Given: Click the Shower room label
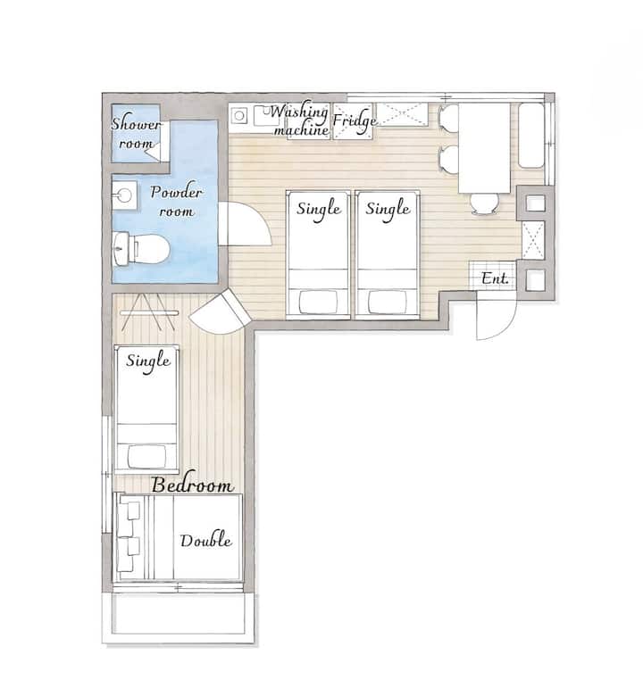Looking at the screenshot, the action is pyautogui.click(x=136, y=133).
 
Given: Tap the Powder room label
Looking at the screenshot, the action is pyautogui.click(x=176, y=201).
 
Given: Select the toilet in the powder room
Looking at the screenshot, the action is pyautogui.click(x=141, y=249).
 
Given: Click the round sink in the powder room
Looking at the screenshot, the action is pyautogui.click(x=124, y=195).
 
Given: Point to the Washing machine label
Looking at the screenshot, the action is pyautogui.click(x=300, y=120).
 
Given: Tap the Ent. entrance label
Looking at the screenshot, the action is pyautogui.click(x=495, y=278).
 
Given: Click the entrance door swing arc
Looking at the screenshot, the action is pyautogui.click(x=505, y=328).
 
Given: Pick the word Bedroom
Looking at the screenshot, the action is pyautogui.click(x=193, y=485).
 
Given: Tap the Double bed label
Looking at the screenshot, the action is pyautogui.click(x=205, y=541).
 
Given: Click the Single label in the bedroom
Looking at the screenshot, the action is pyautogui.click(x=148, y=361).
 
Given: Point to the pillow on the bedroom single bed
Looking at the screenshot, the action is pyautogui.click(x=146, y=456).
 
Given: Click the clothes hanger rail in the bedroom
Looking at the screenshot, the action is pyautogui.click(x=149, y=312).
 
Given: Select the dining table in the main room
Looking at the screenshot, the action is pyautogui.click(x=484, y=148).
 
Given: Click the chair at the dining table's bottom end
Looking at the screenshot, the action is pyautogui.click(x=485, y=204).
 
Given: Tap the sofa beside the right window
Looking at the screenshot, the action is pyautogui.click(x=531, y=135).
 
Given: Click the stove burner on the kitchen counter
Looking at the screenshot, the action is pyautogui.click(x=238, y=116).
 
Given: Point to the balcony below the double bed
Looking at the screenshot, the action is pyautogui.click(x=178, y=615).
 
